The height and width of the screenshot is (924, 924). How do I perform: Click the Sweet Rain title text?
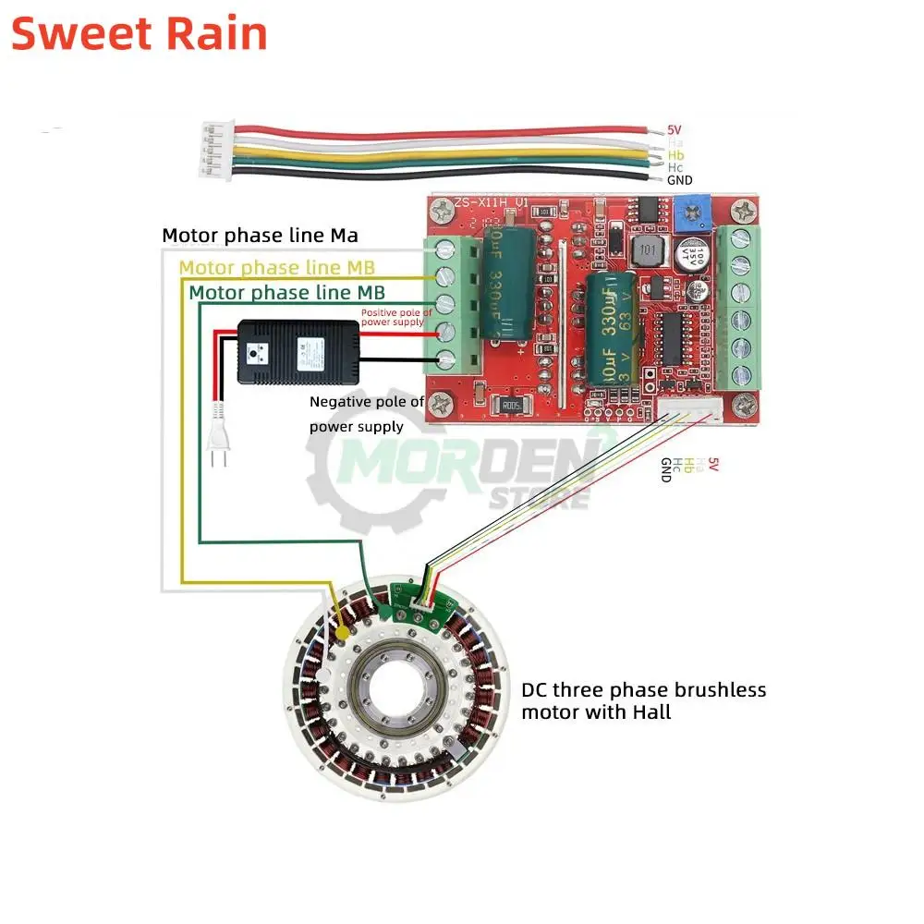[x=140, y=34]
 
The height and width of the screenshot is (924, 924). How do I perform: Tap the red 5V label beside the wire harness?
[x=675, y=130]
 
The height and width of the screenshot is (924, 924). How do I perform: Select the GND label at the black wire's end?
[x=679, y=180]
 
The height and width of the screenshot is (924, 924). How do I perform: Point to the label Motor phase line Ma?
[x=260, y=236]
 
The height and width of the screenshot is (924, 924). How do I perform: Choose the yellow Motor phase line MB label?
[x=276, y=268]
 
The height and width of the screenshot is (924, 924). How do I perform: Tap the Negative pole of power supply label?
[x=367, y=414]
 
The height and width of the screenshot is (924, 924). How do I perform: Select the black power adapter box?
[x=298, y=351]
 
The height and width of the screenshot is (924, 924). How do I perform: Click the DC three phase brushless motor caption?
[x=643, y=700]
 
